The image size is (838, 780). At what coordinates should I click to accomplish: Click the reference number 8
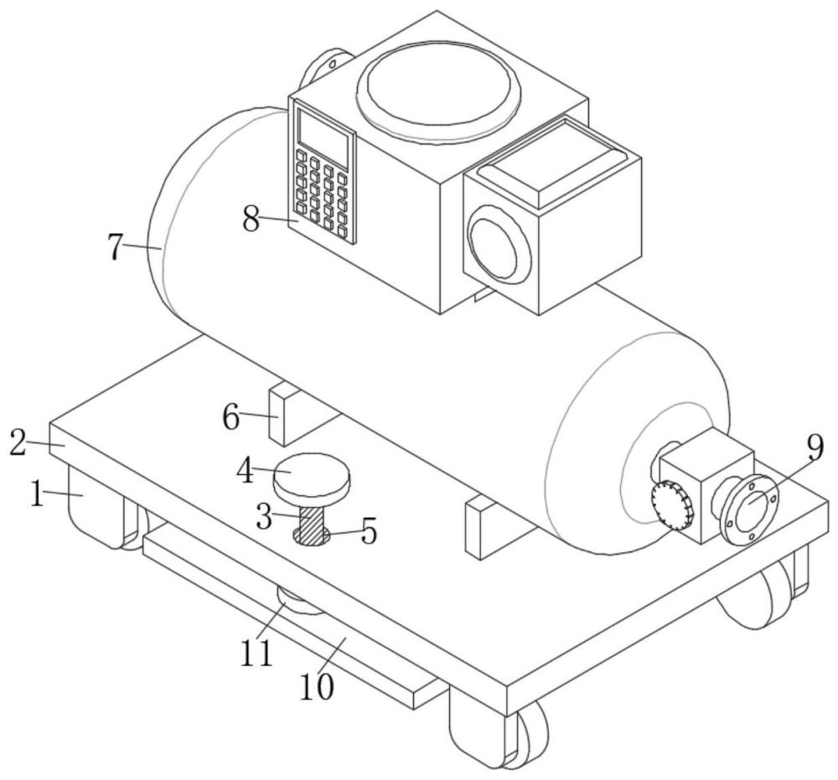(251, 219)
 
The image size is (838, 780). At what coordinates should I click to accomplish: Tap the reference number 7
(115, 247)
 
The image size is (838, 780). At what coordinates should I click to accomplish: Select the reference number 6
(231, 417)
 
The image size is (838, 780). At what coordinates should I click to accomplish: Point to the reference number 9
(815, 449)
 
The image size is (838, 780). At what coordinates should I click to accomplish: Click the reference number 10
(317, 685)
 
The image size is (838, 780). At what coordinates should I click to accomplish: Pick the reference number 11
(256, 653)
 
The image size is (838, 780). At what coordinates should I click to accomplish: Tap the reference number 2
(18, 443)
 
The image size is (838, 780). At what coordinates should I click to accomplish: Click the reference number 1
(36, 493)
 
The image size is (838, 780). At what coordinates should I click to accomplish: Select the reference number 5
(369, 531)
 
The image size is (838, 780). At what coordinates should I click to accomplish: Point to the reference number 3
(264, 516)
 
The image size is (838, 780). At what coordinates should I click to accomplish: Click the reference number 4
(246, 472)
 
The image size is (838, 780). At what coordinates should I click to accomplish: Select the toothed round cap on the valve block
(673, 505)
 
